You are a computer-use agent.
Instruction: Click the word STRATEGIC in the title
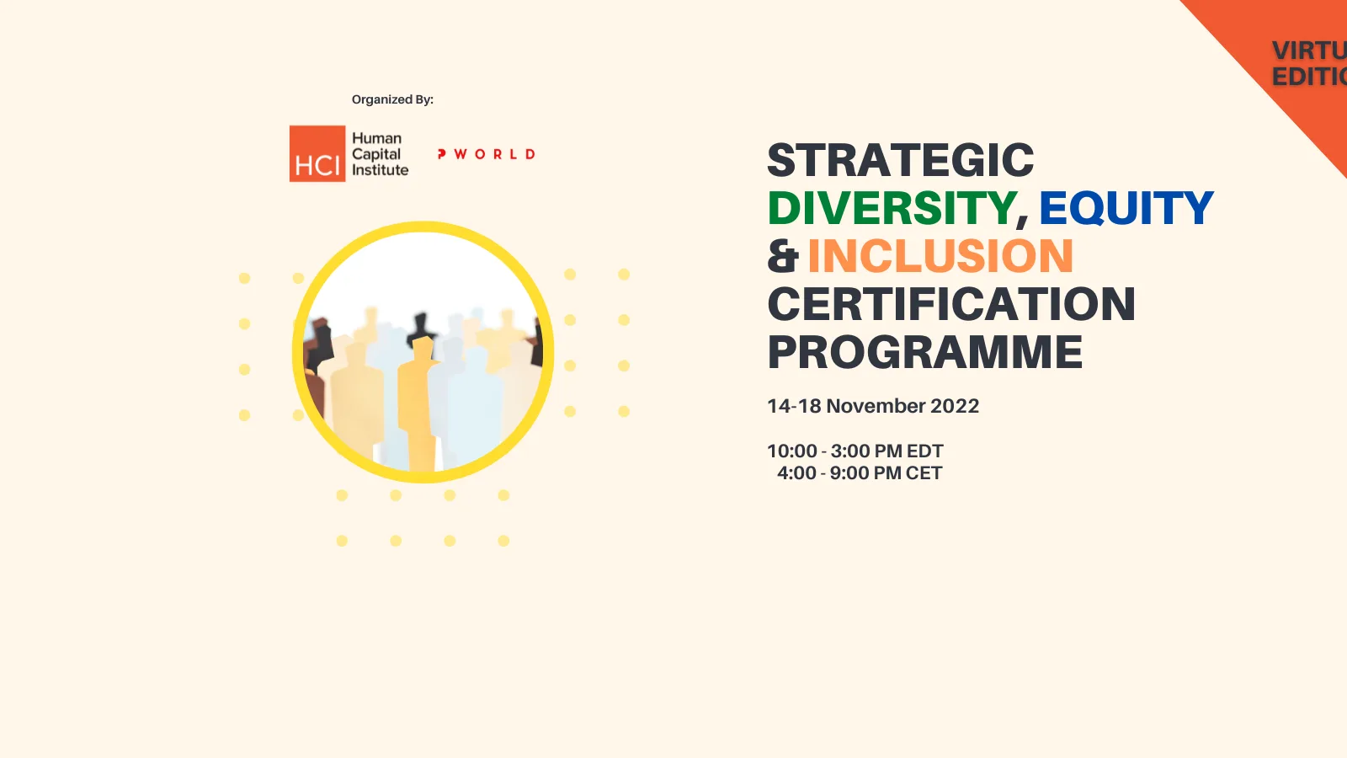900,160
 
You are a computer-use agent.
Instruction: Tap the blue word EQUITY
1126,208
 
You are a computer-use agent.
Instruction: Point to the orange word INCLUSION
940,256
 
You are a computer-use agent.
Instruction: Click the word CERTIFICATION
951,304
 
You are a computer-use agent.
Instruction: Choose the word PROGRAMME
924,352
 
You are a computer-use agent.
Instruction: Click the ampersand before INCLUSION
782,256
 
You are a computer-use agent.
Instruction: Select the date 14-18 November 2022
873,406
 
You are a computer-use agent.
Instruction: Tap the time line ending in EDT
855,451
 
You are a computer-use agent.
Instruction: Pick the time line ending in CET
859,473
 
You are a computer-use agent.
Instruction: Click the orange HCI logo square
317,154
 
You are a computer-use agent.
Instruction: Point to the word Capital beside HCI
376,154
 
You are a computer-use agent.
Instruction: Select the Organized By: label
392,99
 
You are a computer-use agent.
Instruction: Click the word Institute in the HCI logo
380,170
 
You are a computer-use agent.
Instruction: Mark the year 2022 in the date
955,406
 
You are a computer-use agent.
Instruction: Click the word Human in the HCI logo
376,138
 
